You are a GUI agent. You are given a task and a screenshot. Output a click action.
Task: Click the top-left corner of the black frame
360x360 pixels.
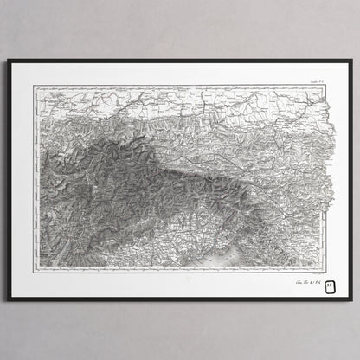9,60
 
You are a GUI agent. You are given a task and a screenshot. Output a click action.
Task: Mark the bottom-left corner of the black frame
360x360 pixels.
9,300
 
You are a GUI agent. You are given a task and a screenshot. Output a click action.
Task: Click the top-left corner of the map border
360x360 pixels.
35,84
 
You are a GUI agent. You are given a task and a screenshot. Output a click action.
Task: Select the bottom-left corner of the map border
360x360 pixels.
35,269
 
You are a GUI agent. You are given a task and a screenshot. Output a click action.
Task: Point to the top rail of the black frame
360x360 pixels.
180,61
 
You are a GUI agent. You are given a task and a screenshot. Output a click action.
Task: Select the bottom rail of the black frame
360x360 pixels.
180,299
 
